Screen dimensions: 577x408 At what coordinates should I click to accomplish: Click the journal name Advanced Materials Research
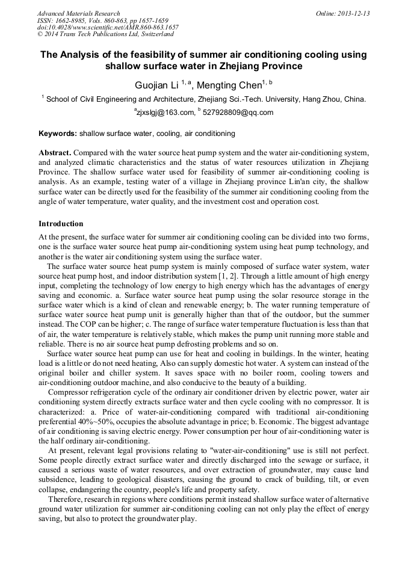(78, 13)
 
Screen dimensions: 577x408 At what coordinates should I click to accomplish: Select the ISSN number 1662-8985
(70, 20)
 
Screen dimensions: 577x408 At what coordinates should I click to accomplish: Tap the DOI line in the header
(108, 28)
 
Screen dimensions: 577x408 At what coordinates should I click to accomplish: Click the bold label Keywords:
(58, 133)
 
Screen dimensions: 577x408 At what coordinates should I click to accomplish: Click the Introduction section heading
(61, 224)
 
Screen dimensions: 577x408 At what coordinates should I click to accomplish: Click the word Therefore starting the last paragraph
(66, 500)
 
